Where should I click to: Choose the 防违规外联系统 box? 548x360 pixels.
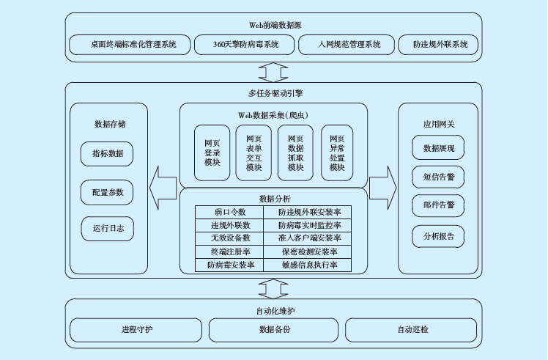point(439,44)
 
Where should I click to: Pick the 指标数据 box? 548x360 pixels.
point(108,154)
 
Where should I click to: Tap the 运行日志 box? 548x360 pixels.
point(108,229)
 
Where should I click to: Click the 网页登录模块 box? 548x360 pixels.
point(212,153)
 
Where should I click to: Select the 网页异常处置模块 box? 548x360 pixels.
point(337,153)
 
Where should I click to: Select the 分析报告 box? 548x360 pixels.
point(439,236)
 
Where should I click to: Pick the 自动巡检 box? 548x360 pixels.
point(413,329)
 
